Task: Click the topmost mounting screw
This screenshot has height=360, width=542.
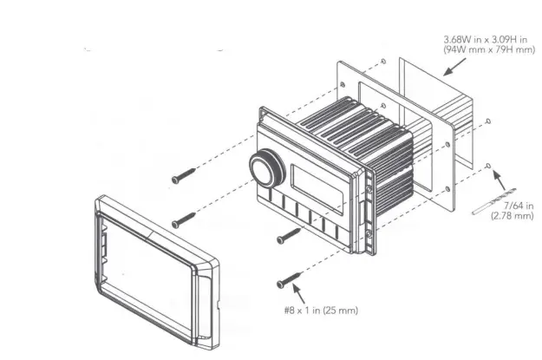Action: click(x=184, y=174)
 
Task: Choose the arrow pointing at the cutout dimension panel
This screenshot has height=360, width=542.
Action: click(x=451, y=67)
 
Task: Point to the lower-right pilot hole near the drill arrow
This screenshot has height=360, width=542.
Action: click(x=490, y=164)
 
